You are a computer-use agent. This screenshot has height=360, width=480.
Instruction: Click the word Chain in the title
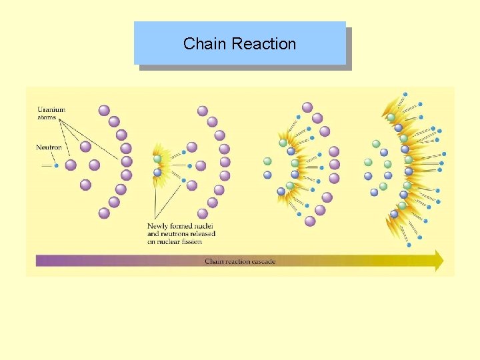(199, 44)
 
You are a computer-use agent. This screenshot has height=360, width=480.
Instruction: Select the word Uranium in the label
(51, 109)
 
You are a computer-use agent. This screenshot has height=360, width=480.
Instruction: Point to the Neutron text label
(49, 147)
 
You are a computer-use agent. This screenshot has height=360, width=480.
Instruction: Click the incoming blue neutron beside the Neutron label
(57, 165)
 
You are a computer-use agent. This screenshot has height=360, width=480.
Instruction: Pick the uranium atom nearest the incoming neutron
(71, 165)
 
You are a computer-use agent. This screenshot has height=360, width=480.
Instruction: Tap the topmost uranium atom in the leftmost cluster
(104, 110)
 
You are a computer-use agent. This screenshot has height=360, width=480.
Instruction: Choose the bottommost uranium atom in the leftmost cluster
(104, 213)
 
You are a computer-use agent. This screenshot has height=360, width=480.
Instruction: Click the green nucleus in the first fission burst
(157, 159)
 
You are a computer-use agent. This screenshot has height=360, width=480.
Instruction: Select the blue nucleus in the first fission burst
(157, 172)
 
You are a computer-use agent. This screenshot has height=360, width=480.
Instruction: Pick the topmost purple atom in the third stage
(307, 107)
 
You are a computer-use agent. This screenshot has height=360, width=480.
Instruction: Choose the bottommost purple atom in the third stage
(310, 221)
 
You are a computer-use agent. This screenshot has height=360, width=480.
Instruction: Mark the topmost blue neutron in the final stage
(405, 95)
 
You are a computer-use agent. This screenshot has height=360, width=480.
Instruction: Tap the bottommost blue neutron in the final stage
(409, 245)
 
